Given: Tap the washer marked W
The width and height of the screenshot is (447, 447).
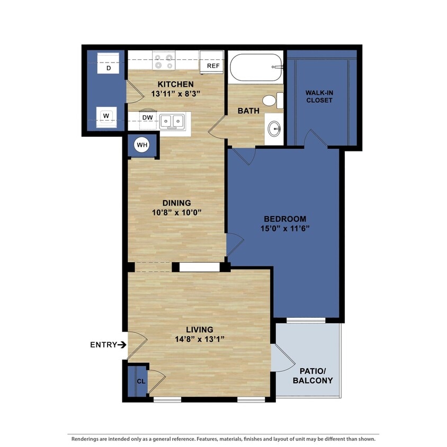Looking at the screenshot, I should click(x=106, y=115).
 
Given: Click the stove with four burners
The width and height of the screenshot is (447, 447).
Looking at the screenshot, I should click(x=164, y=60).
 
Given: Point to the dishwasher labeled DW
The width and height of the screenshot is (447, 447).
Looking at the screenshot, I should click(x=147, y=118).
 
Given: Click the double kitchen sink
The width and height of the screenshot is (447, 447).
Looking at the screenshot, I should click(x=172, y=121).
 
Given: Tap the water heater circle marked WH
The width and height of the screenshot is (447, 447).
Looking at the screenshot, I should click(x=142, y=145).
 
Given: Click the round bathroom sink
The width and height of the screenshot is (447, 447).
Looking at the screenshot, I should click(x=274, y=128).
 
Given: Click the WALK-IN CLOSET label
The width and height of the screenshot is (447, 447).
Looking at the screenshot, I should click(x=319, y=96).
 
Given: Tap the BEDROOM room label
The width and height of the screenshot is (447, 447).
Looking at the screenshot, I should click(x=285, y=219).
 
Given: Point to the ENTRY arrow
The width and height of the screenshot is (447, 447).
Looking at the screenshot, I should click(x=122, y=345).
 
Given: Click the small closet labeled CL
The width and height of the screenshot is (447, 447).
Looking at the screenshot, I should click(x=140, y=381).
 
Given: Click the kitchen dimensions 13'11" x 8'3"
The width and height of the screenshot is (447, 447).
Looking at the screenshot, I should click(x=175, y=94).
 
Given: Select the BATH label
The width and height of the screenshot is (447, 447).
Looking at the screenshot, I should click(x=248, y=111).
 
